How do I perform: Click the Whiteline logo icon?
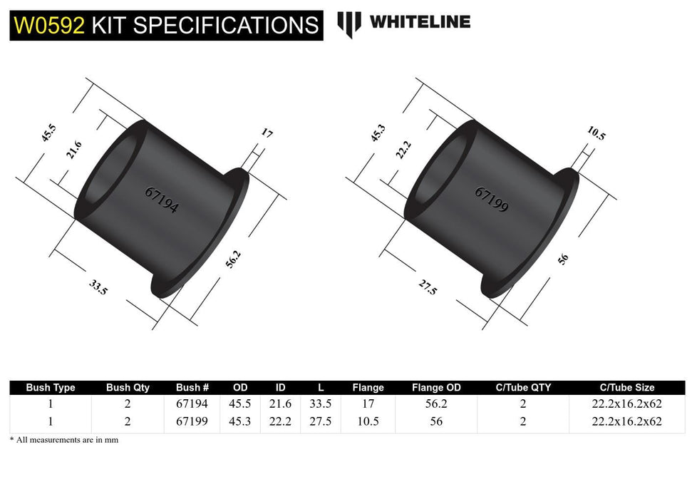pyautogui.click(x=348, y=24)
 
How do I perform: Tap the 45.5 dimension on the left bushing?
pyautogui.click(x=48, y=134)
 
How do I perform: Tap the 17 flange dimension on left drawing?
pyautogui.click(x=267, y=133)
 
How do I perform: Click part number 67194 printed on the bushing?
pyautogui.click(x=161, y=201)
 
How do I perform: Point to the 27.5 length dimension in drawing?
pyautogui.click(x=428, y=288)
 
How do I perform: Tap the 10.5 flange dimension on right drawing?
pyautogui.click(x=597, y=133)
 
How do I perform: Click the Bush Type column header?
pyautogui.click(x=51, y=388)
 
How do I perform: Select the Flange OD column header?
pyautogui.click(x=436, y=388)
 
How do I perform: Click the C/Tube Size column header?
pyautogui.click(x=626, y=388)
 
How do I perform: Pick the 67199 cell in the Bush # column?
pyautogui.click(x=192, y=421)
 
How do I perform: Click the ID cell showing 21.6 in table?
pyautogui.click(x=280, y=403)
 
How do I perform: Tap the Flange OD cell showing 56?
pyautogui.click(x=436, y=421)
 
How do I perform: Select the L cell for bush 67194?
pyautogui.click(x=321, y=403)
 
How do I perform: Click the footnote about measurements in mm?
pyautogui.click(x=64, y=440)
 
